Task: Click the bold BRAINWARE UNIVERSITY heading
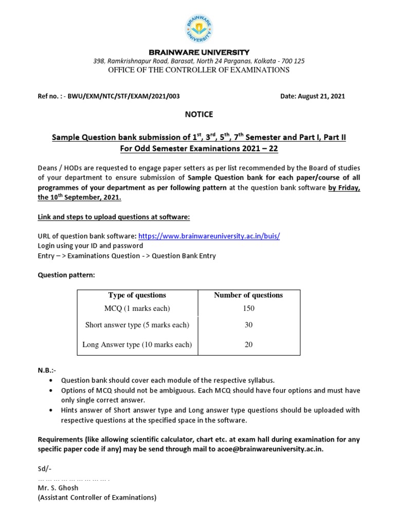point(199,52)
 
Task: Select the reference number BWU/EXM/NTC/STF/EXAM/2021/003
point(126,96)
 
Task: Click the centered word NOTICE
point(199,114)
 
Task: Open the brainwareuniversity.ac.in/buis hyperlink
point(209,236)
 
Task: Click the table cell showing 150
point(248,308)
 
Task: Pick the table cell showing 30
point(248,325)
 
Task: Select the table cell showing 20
point(248,345)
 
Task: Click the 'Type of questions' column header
point(137,295)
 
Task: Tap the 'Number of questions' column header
point(248,295)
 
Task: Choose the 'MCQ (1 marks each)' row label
point(137,308)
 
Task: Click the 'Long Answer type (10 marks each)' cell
point(137,345)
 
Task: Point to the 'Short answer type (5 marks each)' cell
point(137,325)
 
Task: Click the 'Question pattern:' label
point(66,275)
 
